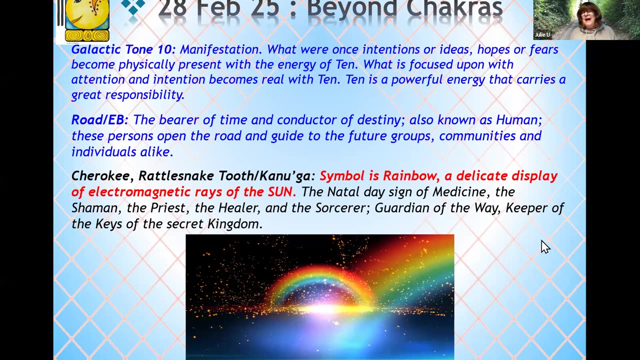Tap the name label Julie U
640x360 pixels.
pyautogui.click(x=542, y=34)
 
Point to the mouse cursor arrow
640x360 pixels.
pyautogui.click(x=545, y=247)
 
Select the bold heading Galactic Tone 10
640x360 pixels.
pyautogui.click(x=123, y=49)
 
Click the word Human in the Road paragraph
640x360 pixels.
pyautogui.click(x=519, y=119)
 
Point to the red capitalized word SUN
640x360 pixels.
pyautogui.click(x=280, y=191)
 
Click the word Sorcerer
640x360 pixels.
pyautogui.click(x=340, y=208)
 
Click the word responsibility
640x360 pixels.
pyautogui.click(x=145, y=95)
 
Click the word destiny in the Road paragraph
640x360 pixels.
pyautogui.click(x=381, y=120)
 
